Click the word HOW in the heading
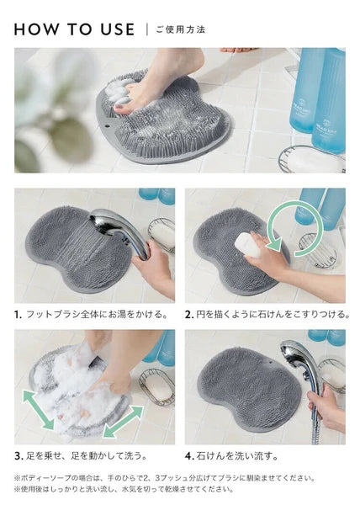pyautogui.click(x=36, y=29)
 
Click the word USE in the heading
pyautogui.click(x=118, y=29)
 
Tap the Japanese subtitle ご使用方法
pyautogui.click(x=181, y=30)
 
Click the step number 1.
pyautogui.click(x=18, y=314)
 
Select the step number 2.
pyautogui.click(x=189, y=314)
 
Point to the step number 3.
pyautogui.click(x=19, y=456)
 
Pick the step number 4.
pyautogui.click(x=189, y=456)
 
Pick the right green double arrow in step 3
pyautogui.click(x=123, y=422)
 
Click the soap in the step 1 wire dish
pyautogui.click(x=164, y=234)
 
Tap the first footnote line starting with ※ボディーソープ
pyautogui.click(x=164, y=477)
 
